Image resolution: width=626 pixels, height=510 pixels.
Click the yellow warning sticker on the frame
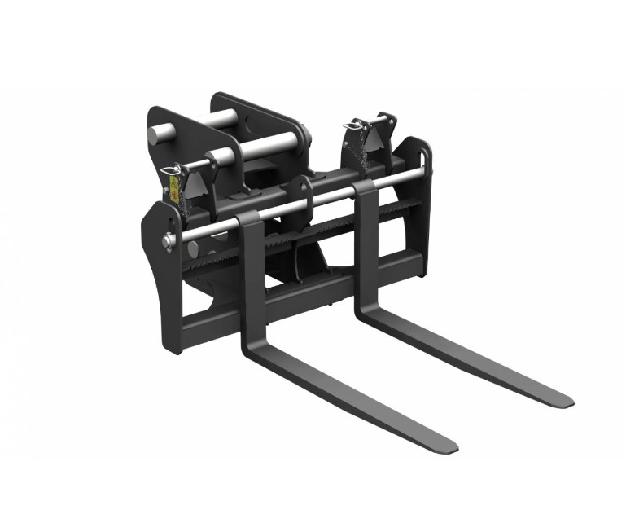[x=173, y=190]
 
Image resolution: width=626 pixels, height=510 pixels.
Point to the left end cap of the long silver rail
[x=167, y=241]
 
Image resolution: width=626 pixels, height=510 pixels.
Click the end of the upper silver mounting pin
[x=155, y=134]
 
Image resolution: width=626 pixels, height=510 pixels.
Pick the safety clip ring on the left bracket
[x=170, y=170]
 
